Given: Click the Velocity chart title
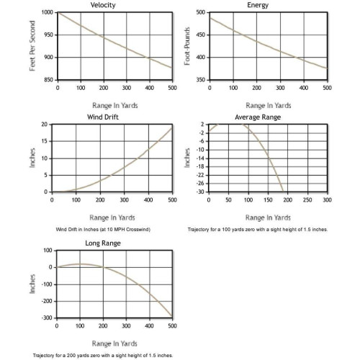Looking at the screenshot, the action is pos(103,5).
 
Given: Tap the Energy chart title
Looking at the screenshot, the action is pos(258,5).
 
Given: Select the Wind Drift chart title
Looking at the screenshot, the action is pos(103,117).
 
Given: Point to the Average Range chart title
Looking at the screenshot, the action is pos(258,117).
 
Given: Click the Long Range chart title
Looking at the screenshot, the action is pos(103,243).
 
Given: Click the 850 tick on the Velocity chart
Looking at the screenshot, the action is pos(49,80).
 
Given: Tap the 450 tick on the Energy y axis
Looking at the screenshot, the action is pos(201,35).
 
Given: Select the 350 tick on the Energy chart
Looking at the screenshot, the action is pos(201,80).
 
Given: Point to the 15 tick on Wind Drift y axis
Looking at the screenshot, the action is pos(45,141).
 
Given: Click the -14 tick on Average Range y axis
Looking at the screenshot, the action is pos(202,158).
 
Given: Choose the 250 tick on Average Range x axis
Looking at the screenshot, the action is pos(307,200).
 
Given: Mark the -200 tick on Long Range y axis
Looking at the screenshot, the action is pos(47,301).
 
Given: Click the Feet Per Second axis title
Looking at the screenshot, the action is pos(32,46).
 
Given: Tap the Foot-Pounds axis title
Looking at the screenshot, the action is pos(187,46).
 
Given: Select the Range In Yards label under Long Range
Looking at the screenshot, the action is pos(114,343).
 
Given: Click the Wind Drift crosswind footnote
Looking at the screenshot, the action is pos(103,230).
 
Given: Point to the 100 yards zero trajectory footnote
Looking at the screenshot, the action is pos(258,230).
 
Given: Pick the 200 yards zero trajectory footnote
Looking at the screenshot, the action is pos(103,355).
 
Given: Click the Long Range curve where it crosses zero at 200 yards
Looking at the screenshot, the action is pos(103,267).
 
